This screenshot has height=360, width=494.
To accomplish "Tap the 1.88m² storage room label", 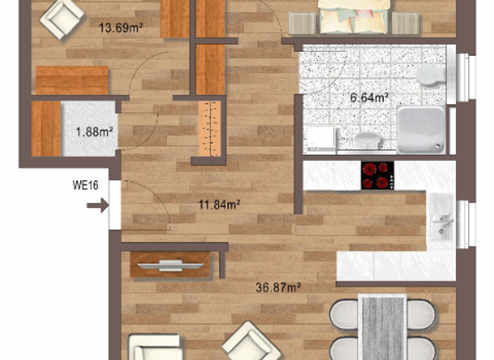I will pos(94,132).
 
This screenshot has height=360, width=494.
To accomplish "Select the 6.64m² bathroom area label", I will pos(369,98).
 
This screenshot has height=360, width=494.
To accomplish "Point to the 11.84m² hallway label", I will pos(219,206).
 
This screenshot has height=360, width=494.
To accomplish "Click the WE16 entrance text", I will pos(85,186).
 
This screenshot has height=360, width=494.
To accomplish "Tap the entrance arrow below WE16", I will pos(98,206).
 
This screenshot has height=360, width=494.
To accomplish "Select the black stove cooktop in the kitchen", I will pos(377,175).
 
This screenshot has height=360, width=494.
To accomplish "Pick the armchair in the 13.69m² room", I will pos(60,18).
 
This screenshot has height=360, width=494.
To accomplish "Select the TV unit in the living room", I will pos(170,265).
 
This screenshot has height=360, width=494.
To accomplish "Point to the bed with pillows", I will pos(354,16).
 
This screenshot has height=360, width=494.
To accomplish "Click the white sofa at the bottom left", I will pos(154,347).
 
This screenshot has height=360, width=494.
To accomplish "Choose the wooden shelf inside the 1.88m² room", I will pos(46,128).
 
